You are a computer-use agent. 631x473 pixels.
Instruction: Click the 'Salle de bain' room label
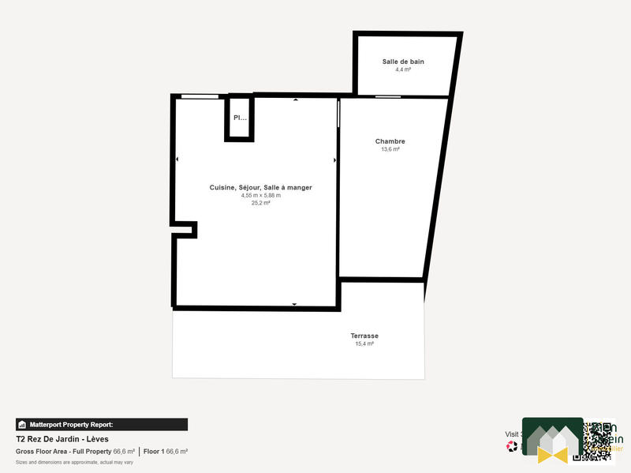tap(407, 62)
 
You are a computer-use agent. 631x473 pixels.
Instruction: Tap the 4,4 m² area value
tap(403, 69)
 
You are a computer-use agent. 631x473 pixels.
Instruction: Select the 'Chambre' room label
tap(390, 141)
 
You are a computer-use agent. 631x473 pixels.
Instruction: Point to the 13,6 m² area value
tap(390, 149)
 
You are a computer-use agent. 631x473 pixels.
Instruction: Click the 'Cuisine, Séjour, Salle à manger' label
tap(260, 187)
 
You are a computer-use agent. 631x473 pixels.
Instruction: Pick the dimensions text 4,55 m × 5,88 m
tap(260, 195)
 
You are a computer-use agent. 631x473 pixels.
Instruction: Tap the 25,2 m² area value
tap(260, 203)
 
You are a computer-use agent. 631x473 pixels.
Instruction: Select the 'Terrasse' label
tap(364, 336)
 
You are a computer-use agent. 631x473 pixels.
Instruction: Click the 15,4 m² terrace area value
tap(364, 343)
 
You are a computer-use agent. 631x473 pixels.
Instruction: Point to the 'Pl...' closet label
tap(239, 118)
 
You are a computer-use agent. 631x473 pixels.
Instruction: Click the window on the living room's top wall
tap(200, 96)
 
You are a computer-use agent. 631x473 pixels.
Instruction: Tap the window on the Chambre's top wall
tap(386, 97)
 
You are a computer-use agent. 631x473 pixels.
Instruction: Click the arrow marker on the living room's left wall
tap(177, 160)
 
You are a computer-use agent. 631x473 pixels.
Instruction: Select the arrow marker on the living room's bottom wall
tap(294, 304)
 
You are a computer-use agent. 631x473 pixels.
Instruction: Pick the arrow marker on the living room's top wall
tap(296, 100)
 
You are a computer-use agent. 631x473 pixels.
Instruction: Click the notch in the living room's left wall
tap(186, 229)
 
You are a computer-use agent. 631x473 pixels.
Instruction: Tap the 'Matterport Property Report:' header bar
tap(102, 424)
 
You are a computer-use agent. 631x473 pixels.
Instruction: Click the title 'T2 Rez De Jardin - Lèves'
tap(62, 439)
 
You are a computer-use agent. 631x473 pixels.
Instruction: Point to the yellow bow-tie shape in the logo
tap(553, 454)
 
